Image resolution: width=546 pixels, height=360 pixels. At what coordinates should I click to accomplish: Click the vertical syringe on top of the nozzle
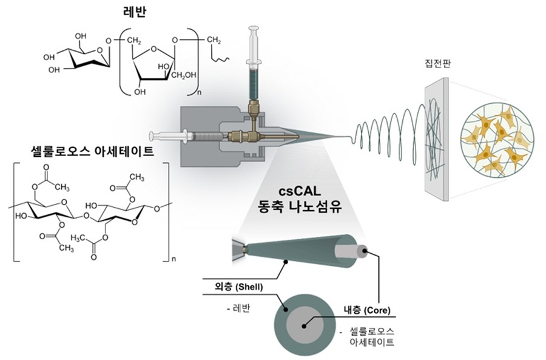tap(253, 67)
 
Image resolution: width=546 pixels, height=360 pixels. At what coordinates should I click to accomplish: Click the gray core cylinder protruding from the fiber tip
tap(362, 250)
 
